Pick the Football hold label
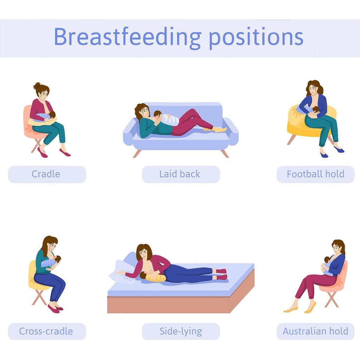click(315, 174)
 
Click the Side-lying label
click(181, 331)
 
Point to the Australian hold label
click(315, 331)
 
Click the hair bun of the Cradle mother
click(37, 86)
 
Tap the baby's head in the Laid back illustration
click(158, 114)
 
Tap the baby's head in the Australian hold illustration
click(327, 260)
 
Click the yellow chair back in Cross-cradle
click(32, 274)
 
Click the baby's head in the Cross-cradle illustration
click(57, 259)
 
